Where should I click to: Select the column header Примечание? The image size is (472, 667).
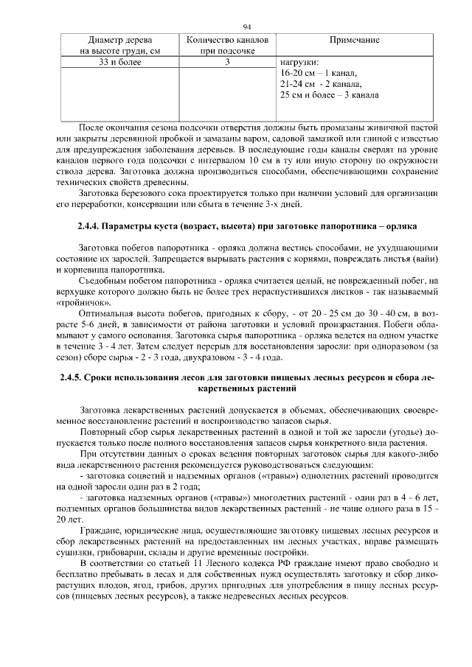pos(354,40)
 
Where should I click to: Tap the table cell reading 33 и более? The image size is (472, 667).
pos(119,63)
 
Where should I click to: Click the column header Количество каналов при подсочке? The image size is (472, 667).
pos(228,46)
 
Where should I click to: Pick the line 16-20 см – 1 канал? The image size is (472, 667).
pos(319,74)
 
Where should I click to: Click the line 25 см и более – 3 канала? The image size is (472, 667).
pos(330,96)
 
